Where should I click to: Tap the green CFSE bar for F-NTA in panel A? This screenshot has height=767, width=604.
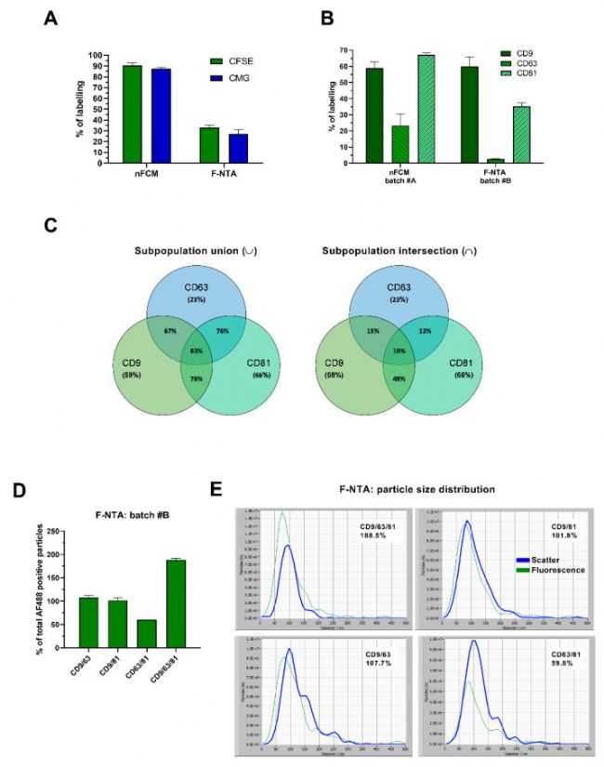[x=209, y=145]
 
